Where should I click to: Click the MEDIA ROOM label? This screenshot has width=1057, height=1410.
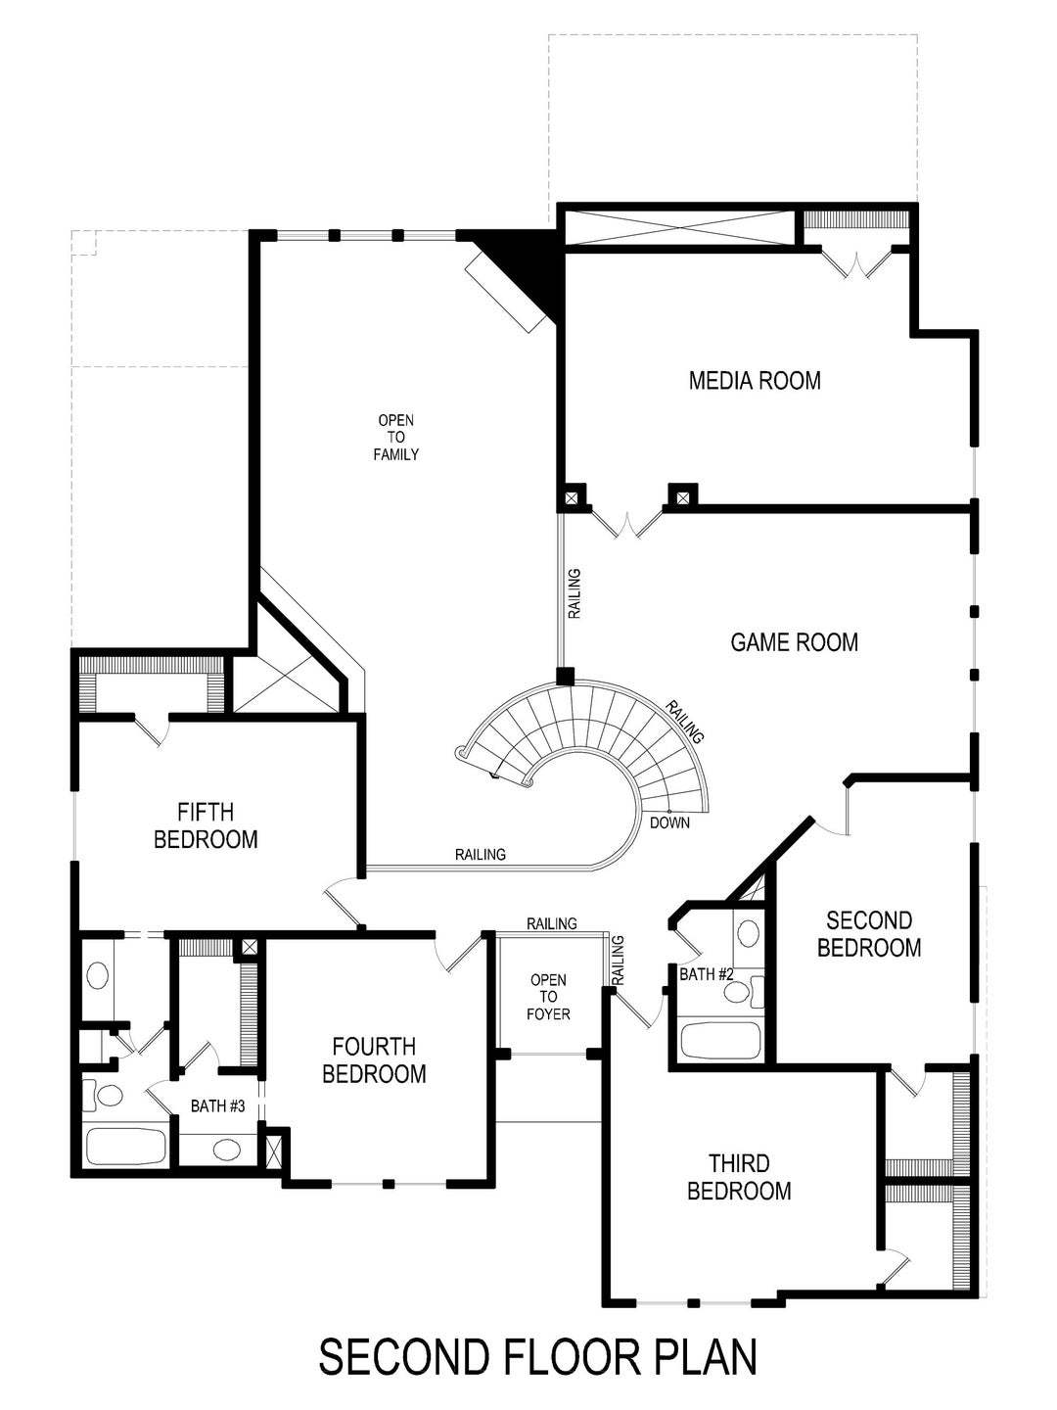point(755,380)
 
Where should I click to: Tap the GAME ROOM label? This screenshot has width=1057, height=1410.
point(794,642)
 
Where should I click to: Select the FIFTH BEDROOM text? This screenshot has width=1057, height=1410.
point(206,825)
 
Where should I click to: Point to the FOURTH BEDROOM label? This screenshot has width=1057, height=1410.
point(374,1060)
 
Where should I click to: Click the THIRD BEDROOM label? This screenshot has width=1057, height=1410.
point(739,1177)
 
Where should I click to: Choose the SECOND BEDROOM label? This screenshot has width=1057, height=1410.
point(869,934)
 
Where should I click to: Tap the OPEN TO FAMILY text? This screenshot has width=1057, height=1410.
point(396,438)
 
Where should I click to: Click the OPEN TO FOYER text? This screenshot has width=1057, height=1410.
point(548,997)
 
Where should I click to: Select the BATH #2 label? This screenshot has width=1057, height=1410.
point(707,974)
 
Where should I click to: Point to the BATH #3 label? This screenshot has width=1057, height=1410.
point(217,1105)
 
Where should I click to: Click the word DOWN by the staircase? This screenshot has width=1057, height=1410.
point(669,822)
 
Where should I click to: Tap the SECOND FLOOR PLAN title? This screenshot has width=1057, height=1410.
point(538,1357)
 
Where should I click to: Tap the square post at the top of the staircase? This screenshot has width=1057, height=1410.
point(565,676)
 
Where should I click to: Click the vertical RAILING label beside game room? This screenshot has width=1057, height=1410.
point(575,593)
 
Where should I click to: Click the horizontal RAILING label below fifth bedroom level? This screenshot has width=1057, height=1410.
point(481,855)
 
